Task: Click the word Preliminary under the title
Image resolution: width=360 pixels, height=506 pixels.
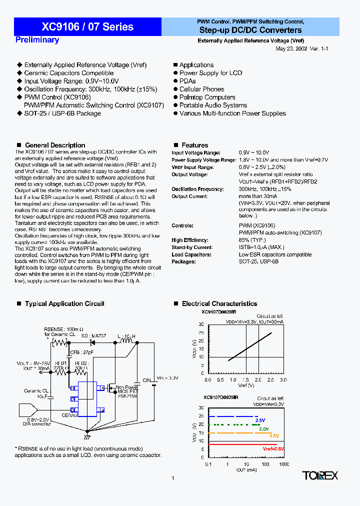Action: (37, 40)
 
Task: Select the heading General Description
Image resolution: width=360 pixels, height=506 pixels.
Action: (55, 145)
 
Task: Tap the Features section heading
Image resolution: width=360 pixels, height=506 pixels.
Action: (194, 145)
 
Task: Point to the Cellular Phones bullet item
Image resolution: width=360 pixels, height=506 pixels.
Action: (201, 89)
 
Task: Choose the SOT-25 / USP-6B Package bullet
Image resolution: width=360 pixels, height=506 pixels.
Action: (62, 113)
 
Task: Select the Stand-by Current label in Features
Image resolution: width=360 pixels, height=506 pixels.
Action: (192, 247)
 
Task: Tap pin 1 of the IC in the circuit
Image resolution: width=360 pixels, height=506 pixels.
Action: (73, 388)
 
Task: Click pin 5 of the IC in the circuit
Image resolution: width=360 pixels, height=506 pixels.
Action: (101, 388)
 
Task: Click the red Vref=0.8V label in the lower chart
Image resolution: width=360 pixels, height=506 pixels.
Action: (273, 449)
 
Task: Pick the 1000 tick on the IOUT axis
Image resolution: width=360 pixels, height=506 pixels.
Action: (283, 464)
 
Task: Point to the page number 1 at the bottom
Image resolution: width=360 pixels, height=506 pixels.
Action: (172, 478)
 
